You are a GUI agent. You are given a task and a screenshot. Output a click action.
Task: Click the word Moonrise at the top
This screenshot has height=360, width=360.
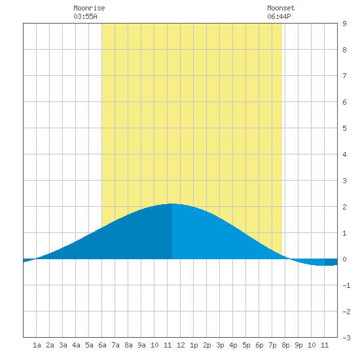tap(89, 8)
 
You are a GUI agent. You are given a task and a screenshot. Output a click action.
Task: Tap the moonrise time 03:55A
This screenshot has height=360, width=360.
tap(85, 16)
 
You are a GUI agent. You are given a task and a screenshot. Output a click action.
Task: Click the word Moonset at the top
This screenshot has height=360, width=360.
tap(281, 8)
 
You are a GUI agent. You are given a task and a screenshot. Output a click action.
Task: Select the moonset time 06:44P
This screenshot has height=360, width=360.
tap(279, 16)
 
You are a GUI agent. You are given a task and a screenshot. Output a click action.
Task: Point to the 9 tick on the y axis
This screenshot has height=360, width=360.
tap(344, 24)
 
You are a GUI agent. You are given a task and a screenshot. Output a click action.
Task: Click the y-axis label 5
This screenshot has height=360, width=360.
tap(344, 128)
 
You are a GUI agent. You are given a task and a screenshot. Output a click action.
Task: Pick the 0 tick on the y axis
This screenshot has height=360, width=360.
tap(344, 259)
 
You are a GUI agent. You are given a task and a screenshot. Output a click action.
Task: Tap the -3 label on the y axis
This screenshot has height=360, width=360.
tap(346, 338)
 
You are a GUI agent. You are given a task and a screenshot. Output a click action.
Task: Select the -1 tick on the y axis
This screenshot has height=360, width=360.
tap(346, 285)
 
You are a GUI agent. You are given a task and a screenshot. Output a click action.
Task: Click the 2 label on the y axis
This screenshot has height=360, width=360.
tap(344, 207)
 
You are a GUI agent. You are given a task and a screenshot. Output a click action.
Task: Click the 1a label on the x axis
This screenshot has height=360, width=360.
tap(37, 345)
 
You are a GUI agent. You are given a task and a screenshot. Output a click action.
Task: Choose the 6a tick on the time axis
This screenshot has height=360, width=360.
tap(102, 345)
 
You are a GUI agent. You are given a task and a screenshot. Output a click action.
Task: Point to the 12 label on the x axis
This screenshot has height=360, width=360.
tap(181, 345)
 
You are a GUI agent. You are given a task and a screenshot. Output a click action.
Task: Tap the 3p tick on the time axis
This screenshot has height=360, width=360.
tap(220, 345)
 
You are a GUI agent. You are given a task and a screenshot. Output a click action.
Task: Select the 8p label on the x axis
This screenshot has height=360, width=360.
tap(285, 345)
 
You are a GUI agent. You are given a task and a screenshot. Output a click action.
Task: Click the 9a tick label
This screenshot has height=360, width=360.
tap(141, 345)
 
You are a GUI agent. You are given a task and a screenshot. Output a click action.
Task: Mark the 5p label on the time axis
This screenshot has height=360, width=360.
tap(246, 345)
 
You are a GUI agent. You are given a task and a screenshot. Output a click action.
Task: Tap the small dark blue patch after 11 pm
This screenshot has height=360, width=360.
tap(331, 262)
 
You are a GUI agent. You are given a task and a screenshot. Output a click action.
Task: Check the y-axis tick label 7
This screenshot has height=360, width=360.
tap(344, 76)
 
